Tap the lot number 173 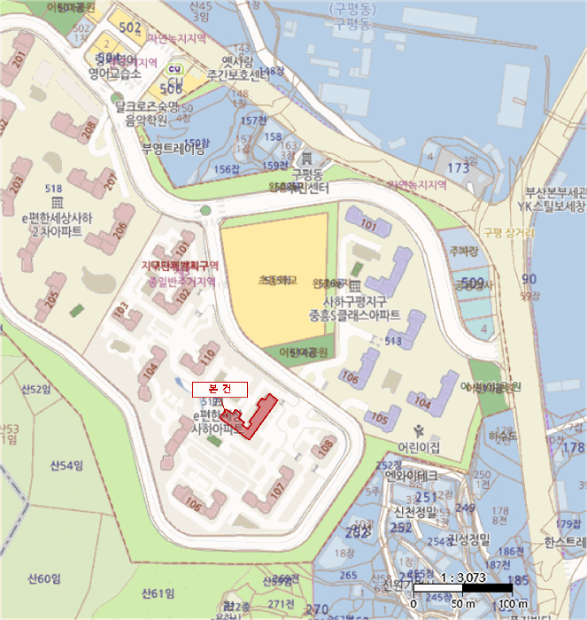[x=457, y=167]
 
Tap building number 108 [x=327, y=446]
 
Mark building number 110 [x=207, y=357]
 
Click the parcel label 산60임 [x=43, y=579]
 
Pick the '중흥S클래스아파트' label [x=353, y=315]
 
